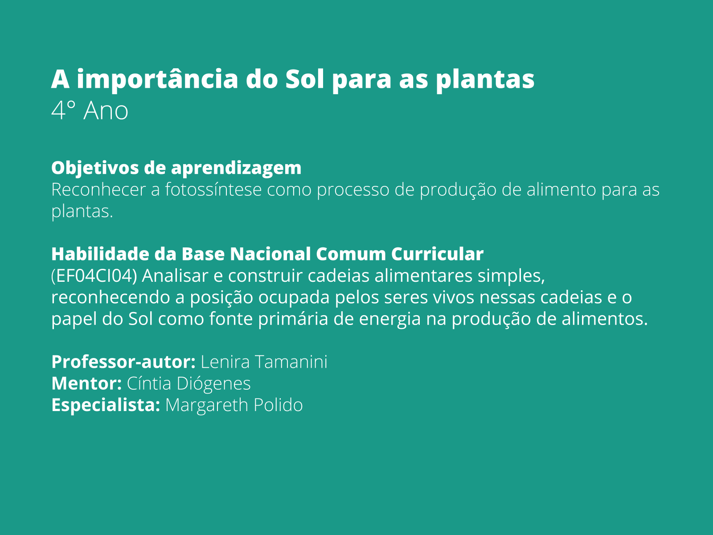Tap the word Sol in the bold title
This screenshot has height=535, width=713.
point(305,79)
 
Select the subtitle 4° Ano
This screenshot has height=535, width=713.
point(90,111)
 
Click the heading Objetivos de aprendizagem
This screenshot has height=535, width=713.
point(176,168)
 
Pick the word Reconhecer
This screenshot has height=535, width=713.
point(98,189)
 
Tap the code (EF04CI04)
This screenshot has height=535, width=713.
point(94,276)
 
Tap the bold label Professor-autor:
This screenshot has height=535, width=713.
point(123,362)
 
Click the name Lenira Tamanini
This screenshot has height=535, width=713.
point(264,362)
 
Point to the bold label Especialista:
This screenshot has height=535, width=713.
point(106,405)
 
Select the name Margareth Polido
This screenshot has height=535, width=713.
point(234,405)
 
